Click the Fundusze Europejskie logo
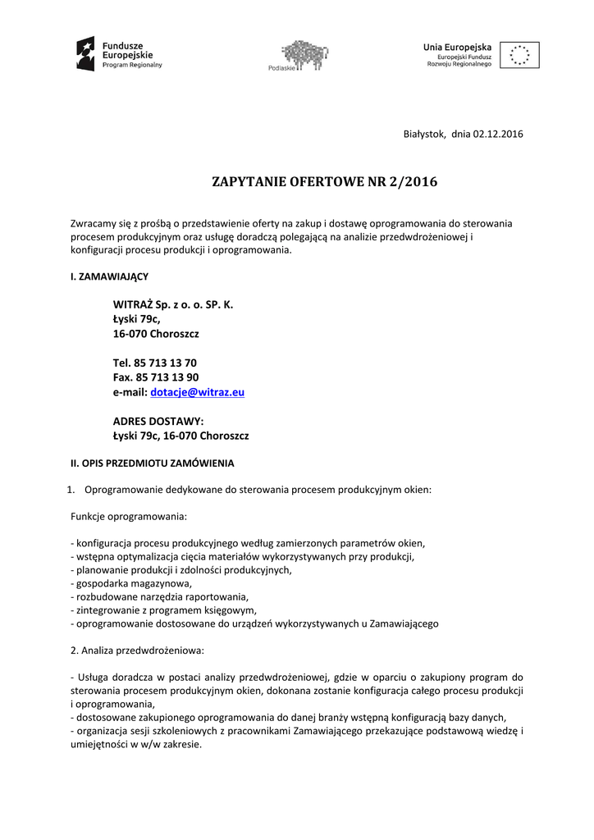pos(120,53)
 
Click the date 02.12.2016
pos(498,134)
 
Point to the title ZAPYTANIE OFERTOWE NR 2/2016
pos(325,182)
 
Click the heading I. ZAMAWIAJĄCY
pos(109,276)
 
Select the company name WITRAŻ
pos(133,304)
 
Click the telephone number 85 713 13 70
pos(165,363)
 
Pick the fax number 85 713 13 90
pos(167,377)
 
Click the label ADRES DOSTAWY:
pos(158,421)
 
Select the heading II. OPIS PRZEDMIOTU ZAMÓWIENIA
pos(153,462)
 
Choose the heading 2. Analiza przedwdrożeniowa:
pos(138,650)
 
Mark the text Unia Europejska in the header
pos(457,47)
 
